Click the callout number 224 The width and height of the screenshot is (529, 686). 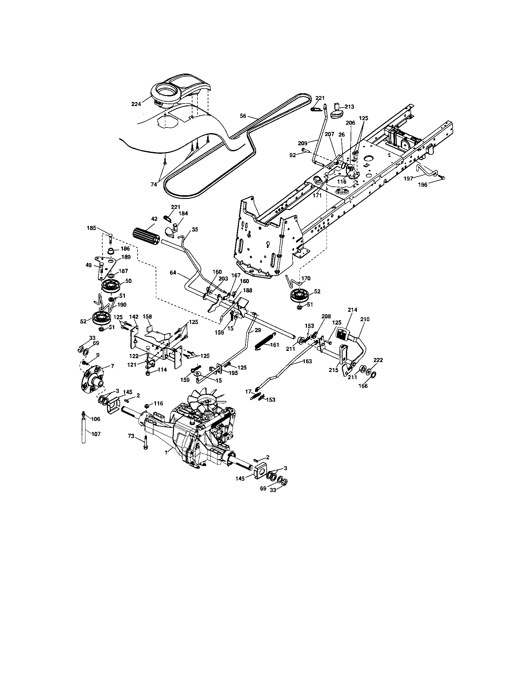point(136,104)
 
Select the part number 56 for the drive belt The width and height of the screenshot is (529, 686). point(243,116)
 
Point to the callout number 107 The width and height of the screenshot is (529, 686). point(96,434)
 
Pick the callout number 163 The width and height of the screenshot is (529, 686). point(307,361)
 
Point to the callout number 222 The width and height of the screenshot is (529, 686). point(378,360)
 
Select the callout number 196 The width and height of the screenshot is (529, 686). point(423,185)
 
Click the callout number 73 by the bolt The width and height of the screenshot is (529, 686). point(131,436)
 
